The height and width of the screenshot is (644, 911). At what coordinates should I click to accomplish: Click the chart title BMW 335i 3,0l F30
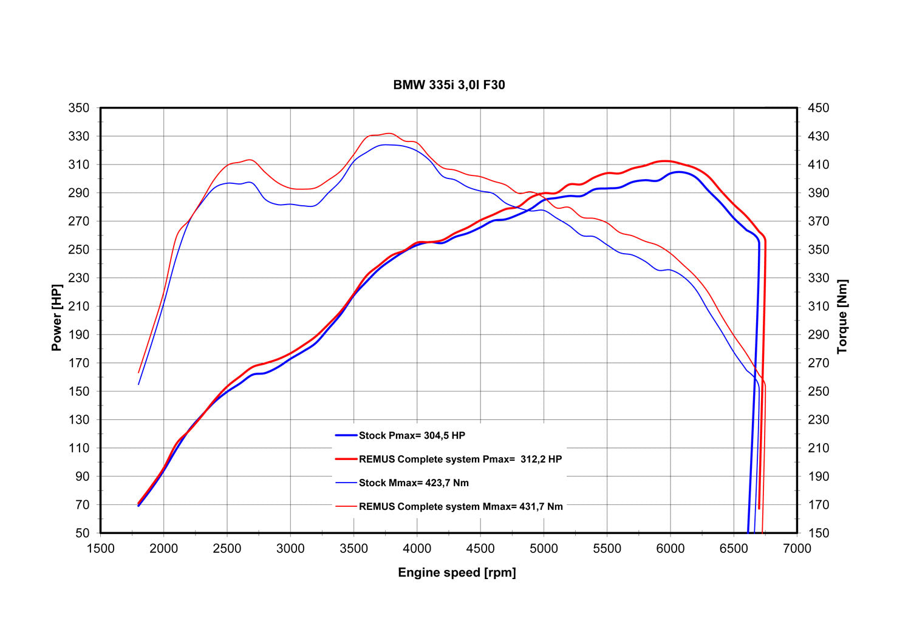click(x=449, y=85)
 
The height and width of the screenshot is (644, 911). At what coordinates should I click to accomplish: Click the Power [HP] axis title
click(x=56, y=317)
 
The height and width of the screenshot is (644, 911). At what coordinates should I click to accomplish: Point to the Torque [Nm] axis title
click(x=842, y=317)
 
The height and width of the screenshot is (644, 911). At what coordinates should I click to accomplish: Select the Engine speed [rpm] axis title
click(x=457, y=572)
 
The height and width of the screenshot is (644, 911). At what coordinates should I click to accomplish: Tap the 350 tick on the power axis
click(x=79, y=108)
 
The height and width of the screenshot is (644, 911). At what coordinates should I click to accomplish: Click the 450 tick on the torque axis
click(x=818, y=108)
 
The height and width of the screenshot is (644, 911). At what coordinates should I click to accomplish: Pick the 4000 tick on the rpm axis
click(x=417, y=549)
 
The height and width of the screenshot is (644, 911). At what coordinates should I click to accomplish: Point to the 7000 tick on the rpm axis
click(x=797, y=549)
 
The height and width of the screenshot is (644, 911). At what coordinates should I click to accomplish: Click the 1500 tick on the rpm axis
click(x=101, y=549)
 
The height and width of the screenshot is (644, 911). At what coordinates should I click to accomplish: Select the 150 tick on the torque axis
click(x=818, y=533)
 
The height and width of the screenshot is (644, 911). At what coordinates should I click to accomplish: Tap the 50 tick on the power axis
click(x=82, y=533)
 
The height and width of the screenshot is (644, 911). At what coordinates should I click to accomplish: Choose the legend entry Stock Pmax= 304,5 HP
click(x=412, y=435)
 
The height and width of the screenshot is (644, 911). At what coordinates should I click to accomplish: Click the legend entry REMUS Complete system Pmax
click(x=460, y=459)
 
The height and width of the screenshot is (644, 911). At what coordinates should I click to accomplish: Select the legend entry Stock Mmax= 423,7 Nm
click(x=414, y=483)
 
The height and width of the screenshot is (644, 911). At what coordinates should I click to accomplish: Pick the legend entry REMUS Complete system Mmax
click(x=460, y=506)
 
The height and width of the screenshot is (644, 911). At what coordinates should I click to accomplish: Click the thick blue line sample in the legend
click(x=346, y=435)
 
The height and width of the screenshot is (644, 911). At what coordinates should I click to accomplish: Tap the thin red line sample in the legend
click(x=346, y=506)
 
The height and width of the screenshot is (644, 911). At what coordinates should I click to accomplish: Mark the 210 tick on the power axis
click(x=79, y=306)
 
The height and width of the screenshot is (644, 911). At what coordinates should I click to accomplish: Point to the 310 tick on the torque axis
click(x=818, y=306)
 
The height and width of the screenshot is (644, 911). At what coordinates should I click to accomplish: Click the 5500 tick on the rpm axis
click(x=607, y=549)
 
